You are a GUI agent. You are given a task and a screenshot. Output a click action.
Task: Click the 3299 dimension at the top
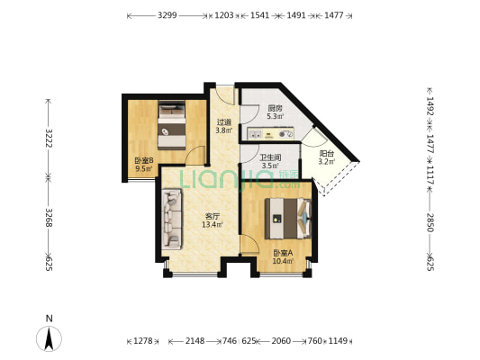click(x=168, y=15)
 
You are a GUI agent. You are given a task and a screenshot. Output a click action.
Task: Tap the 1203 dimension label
click(x=223, y=15)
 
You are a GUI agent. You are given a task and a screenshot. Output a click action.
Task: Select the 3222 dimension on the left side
click(x=48, y=138)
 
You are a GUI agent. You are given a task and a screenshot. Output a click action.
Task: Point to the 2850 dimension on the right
click(x=430, y=222)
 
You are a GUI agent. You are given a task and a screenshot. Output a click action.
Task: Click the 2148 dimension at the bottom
click(x=195, y=340)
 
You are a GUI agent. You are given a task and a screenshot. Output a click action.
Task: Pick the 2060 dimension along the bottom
click(x=281, y=340)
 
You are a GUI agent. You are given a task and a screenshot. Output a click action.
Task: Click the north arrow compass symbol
click(x=49, y=338)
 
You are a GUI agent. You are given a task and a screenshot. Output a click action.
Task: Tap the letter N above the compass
click(x=49, y=319)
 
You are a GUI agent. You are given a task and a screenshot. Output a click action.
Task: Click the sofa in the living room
click(x=172, y=219)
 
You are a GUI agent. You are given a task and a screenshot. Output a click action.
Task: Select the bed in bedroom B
click(x=172, y=125)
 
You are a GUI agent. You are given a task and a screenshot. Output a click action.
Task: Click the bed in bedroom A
click(x=288, y=219)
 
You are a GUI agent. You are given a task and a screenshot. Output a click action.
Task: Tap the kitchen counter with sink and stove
click(x=271, y=133)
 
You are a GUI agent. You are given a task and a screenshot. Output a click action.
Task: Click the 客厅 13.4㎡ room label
click(x=213, y=220)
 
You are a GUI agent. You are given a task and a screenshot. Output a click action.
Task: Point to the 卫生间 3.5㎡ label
click(x=270, y=161)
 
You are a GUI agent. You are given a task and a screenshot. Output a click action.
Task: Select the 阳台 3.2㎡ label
click(x=327, y=157)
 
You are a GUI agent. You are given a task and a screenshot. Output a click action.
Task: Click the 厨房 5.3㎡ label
click(x=275, y=112)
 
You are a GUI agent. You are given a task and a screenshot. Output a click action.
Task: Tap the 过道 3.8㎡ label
click(x=223, y=126)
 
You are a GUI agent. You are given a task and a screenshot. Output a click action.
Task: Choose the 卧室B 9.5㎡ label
click(x=144, y=165)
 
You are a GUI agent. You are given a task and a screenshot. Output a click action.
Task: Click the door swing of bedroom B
click(x=195, y=155)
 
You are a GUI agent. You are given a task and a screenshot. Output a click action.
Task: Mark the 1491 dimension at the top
click(x=296, y=15)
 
